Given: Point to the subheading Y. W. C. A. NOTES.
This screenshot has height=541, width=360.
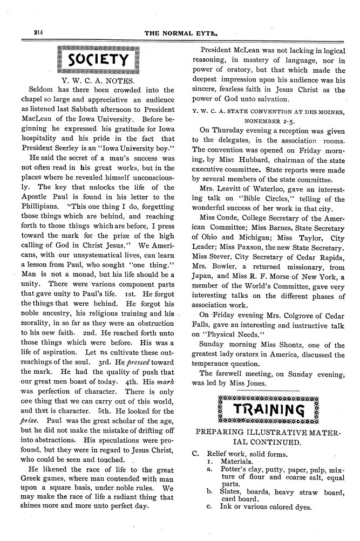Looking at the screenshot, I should pyautogui.click(x=100, y=79).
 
